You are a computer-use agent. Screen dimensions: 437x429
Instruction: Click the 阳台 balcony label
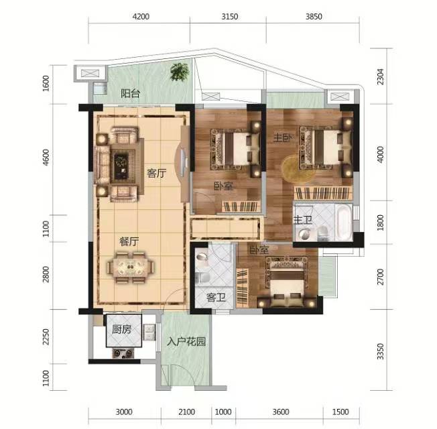(130, 93)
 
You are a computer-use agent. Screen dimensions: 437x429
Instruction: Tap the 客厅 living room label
(157, 173)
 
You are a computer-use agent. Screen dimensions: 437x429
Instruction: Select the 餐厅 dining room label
(129, 241)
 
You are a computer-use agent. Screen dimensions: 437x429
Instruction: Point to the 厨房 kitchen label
(121, 330)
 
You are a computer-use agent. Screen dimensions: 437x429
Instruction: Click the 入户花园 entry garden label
(186, 341)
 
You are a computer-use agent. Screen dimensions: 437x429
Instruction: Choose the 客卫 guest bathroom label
(216, 298)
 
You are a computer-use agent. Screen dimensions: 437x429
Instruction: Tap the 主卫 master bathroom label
(303, 220)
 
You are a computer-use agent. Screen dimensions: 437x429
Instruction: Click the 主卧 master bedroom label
(283, 137)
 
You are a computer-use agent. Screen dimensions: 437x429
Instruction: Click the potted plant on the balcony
(180, 72)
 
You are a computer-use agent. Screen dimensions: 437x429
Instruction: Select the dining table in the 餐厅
(131, 267)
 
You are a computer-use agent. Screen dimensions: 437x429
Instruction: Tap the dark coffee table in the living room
(122, 166)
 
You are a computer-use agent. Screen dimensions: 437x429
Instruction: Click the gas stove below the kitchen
(123, 353)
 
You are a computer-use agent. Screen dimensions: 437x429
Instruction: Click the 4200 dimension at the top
(141, 17)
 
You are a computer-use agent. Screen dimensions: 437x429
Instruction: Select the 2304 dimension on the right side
(380, 76)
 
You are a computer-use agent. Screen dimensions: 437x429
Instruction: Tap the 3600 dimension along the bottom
(281, 412)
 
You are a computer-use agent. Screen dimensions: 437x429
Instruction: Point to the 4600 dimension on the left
(46, 158)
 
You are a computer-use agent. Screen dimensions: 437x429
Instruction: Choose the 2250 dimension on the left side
(46, 336)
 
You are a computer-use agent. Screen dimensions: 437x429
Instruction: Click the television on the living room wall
(182, 163)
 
